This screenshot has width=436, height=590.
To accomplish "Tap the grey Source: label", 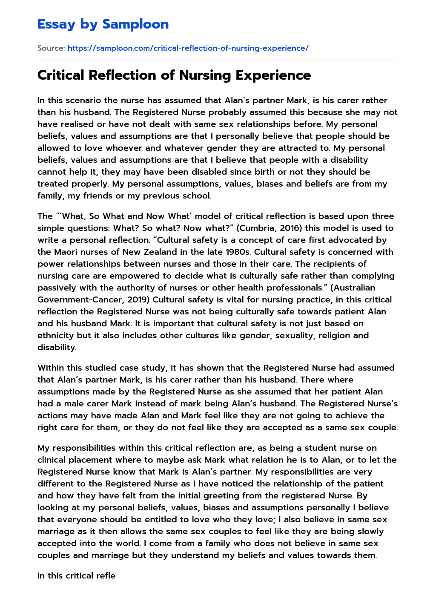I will click(x=51, y=48).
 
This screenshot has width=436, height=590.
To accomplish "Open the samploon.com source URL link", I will click(x=188, y=48).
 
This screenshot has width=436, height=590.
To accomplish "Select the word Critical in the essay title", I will click(x=61, y=75).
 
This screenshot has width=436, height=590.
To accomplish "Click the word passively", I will click(x=56, y=288).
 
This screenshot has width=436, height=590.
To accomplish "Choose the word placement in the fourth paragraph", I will click(x=94, y=460).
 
